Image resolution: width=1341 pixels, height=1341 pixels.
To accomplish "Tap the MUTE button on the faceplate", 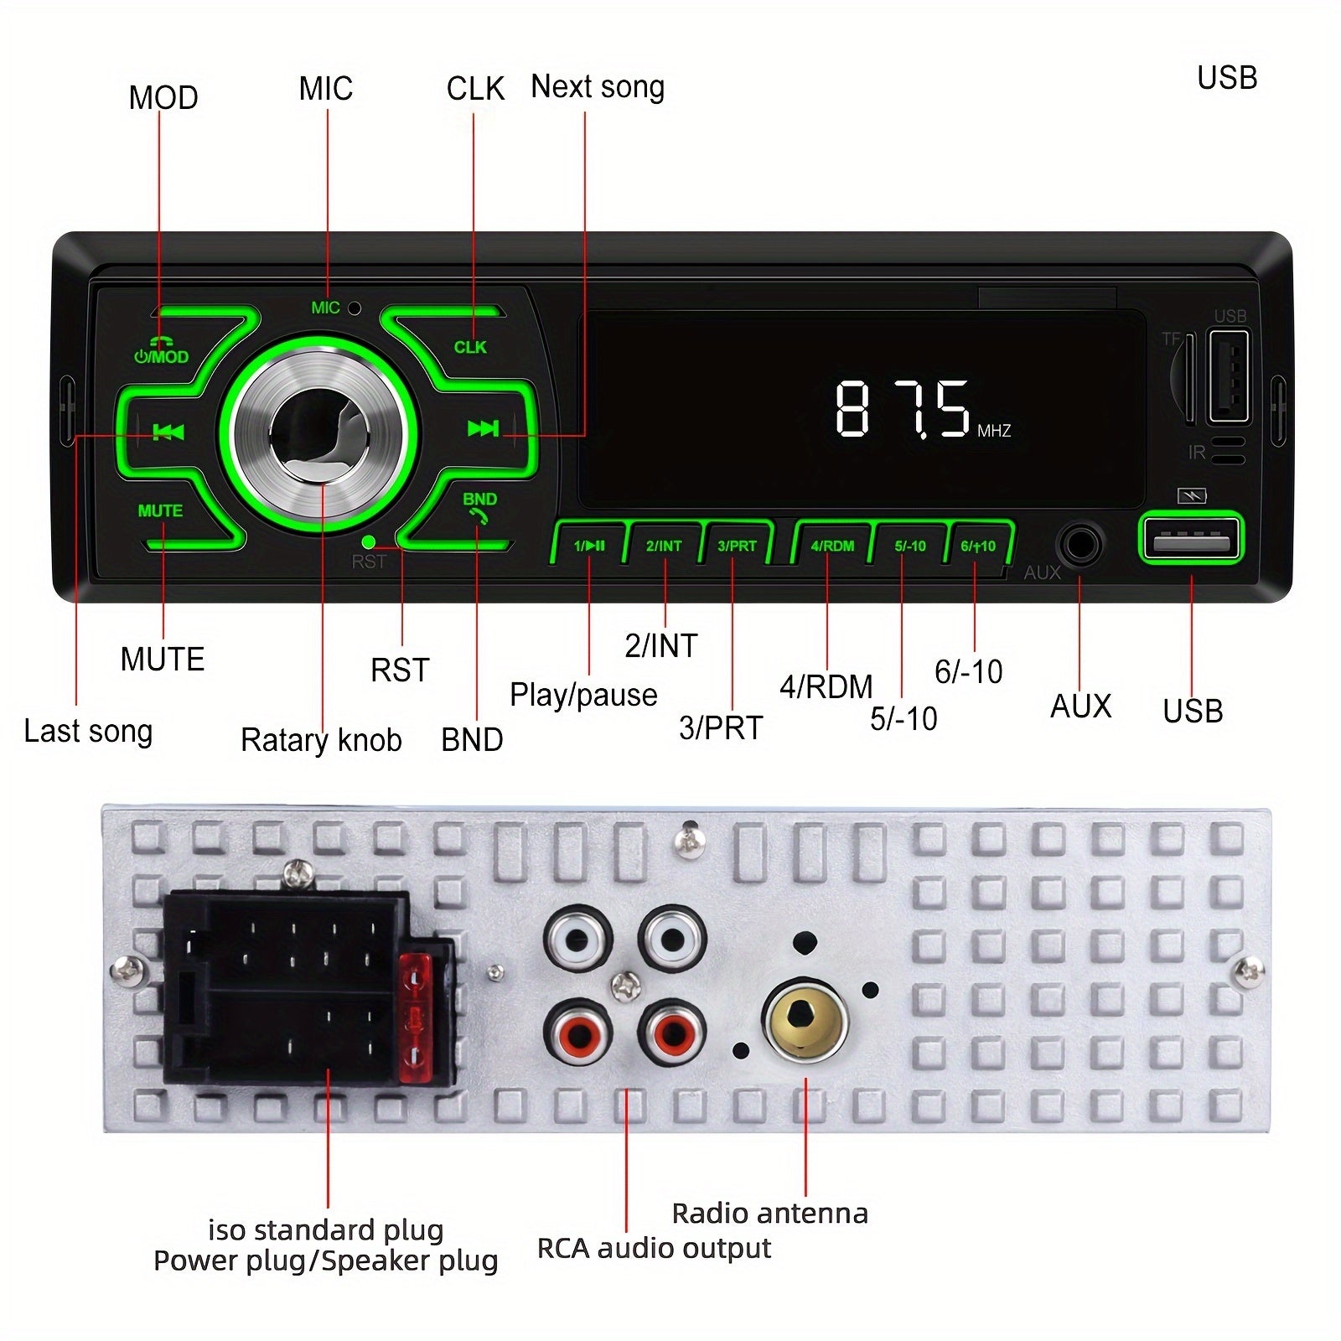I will (160, 511).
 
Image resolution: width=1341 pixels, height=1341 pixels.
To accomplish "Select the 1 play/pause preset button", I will (589, 546).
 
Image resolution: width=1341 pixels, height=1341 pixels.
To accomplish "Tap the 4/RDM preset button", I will (832, 546).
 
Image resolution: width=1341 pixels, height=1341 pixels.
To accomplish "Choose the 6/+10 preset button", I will (978, 546).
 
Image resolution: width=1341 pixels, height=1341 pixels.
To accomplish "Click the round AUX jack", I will (1079, 546).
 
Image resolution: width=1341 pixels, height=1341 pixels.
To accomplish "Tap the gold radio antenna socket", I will (805, 1020).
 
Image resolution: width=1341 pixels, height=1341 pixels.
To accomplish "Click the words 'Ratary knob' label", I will (321, 740).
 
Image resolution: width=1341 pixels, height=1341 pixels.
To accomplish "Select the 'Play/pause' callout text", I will (583, 695).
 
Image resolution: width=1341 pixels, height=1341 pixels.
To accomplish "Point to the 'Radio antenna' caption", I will (769, 1213).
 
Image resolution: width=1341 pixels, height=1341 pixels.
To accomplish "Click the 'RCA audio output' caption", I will (654, 1248).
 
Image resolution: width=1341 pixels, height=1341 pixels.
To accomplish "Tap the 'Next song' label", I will (598, 86).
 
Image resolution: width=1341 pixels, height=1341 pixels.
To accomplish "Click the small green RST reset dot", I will (368, 541).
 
